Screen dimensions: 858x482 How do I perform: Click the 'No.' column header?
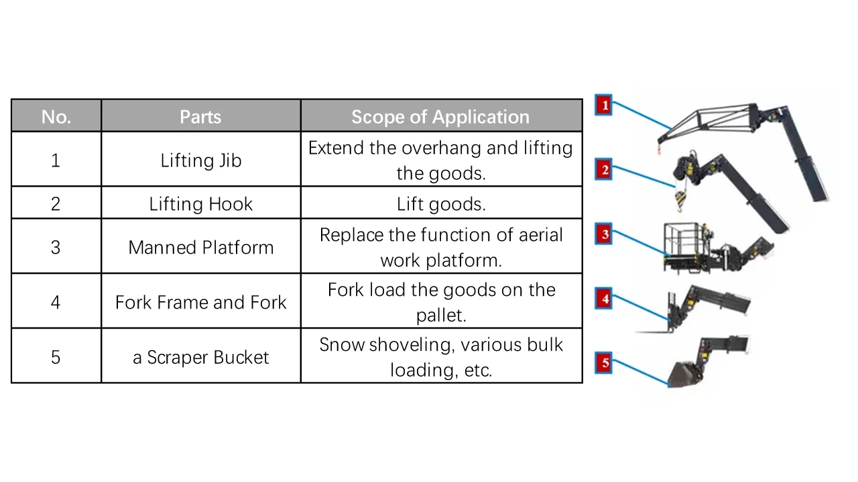pos(56,116)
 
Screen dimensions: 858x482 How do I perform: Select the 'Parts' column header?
pos(200,116)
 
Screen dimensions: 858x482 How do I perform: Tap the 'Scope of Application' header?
pos(440,116)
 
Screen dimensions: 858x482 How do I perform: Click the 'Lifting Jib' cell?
pos(201,160)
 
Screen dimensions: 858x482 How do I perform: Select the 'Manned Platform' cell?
pos(201,248)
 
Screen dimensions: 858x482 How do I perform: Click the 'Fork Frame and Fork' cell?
pos(201,302)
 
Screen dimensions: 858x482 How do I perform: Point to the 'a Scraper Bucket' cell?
pos(201,357)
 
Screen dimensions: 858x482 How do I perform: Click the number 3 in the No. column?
pos(56,248)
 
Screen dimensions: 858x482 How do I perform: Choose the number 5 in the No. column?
pos(56,357)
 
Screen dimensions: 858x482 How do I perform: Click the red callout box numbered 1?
pos(604,105)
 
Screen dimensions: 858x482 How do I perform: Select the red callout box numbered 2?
pos(604,169)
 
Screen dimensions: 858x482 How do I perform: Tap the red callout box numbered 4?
pos(604,299)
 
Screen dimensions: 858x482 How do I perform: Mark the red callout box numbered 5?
pos(604,363)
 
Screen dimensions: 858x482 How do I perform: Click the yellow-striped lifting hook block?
pos(680,198)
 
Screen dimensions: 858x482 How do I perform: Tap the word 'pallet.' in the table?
pos(441,315)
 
